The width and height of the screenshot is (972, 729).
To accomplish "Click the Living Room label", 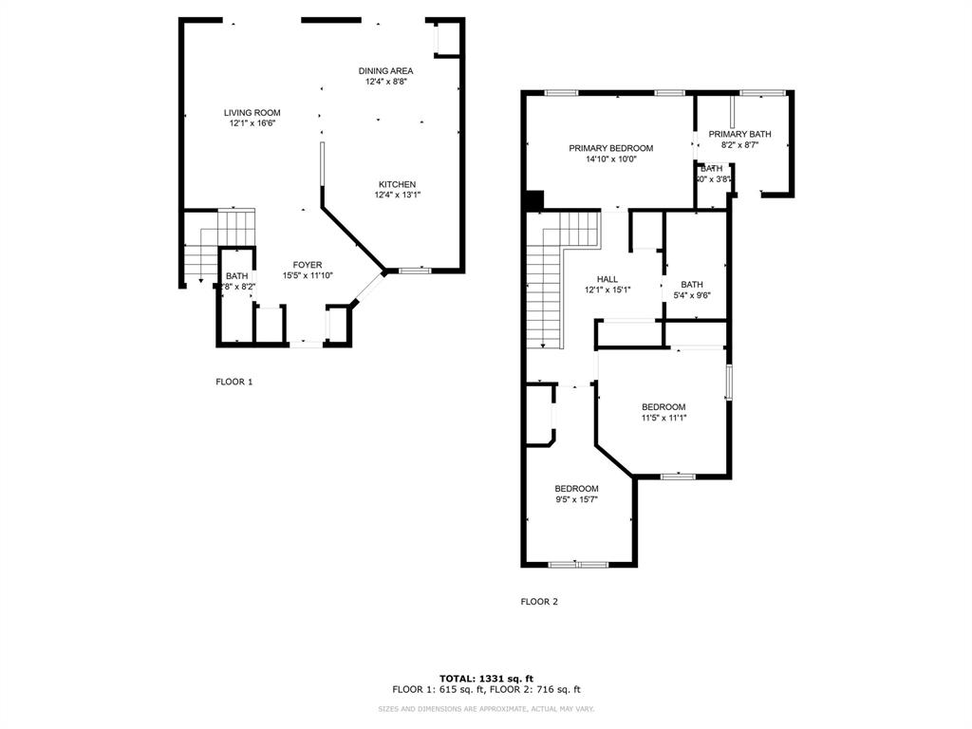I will coord(252,113).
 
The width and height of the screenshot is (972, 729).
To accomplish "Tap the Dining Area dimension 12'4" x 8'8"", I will coord(385,83).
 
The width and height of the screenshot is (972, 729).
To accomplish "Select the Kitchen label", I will coord(397,184).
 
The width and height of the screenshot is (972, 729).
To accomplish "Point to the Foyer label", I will coord(307,265).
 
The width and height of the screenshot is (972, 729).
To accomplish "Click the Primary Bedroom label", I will coord(610,148).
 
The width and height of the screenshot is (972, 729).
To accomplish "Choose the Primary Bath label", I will coord(739,134).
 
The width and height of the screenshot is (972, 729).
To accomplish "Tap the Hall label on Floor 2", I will coord(607,279).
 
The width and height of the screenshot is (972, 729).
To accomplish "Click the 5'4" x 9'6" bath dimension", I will coord(691,295).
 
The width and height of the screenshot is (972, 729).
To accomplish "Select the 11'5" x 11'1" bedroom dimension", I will coord(663,418).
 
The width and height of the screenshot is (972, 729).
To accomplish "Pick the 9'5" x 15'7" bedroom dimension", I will coord(576,499).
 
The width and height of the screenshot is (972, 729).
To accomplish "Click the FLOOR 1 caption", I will coord(234,382).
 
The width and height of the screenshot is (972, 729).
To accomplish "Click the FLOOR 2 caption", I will coord(539,601).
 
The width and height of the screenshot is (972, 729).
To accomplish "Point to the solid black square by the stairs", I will coord(534,200).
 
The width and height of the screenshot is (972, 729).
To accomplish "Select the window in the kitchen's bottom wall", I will coord(414,271).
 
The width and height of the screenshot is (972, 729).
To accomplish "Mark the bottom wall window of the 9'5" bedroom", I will coord(578,565).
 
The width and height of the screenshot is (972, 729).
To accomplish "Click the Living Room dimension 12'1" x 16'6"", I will coord(252,124).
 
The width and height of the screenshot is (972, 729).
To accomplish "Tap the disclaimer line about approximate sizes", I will coord(486,709).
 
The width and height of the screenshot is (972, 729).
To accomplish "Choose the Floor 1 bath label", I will coord(235,276).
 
